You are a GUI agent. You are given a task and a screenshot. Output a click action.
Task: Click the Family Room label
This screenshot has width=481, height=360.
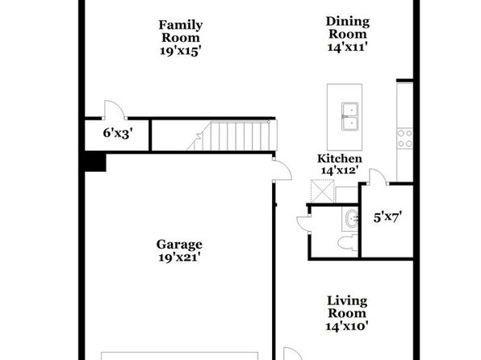tap(181, 31)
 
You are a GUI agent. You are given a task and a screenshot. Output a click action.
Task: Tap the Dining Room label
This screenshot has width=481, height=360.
tap(348, 27)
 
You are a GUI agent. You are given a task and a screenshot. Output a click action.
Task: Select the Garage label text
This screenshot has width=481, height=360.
tap(179, 245)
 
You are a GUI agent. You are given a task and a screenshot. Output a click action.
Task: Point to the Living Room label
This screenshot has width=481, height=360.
tap(347, 307)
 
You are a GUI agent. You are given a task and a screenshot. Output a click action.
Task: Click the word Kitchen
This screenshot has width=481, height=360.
tap(340, 159)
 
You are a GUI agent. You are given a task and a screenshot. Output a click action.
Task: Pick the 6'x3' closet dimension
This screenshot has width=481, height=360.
tap(118, 133)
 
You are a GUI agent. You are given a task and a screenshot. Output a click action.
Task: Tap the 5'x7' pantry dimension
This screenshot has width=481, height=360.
tap(387, 218)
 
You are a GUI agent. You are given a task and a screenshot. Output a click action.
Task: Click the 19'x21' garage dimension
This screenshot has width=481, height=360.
tap(179, 257)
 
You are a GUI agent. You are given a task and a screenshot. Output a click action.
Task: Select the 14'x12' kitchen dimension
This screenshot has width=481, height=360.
tap(340, 170)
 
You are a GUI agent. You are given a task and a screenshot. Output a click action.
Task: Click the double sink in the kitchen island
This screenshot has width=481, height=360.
tap(349, 116)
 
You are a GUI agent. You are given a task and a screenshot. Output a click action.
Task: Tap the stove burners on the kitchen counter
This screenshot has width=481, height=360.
tap(405, 138)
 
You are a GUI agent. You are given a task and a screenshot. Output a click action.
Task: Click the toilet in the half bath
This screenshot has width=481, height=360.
tap(348, 243)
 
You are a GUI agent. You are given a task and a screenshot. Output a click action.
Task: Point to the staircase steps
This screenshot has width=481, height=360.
tap(232, 136)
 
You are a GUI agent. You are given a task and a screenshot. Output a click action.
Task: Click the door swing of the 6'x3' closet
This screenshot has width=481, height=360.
tap(115, 109)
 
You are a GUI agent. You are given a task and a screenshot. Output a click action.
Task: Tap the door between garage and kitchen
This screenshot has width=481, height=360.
tap(282, 170)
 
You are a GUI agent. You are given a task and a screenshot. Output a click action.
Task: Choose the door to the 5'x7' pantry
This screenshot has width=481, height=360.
tap(378, 177)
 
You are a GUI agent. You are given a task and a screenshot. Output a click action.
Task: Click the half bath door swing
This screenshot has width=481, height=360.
tap(303, 223)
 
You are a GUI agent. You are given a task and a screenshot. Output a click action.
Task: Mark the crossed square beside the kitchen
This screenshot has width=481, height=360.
tap(322, 190)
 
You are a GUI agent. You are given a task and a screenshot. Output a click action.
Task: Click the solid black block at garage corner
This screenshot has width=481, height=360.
tap(95, 163)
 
